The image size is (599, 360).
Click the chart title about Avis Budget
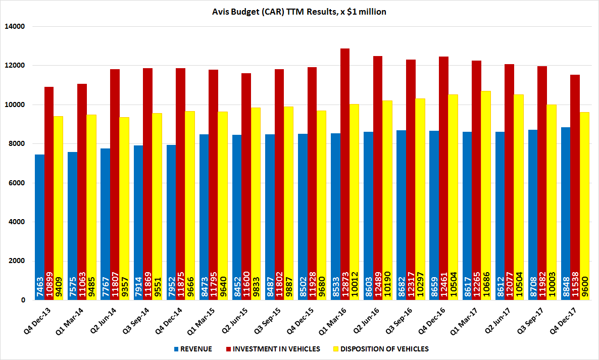299,12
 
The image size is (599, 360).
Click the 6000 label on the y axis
19,183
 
